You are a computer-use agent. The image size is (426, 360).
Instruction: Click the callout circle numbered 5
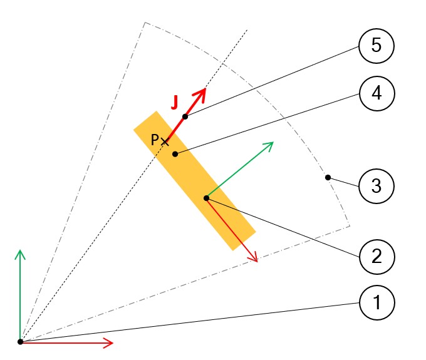tap(376, 46)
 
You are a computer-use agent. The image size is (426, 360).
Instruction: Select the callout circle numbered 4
tap(376, 94)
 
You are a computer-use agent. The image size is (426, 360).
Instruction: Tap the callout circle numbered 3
tap(376, 186)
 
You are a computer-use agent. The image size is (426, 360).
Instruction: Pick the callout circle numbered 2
tap(376, 255)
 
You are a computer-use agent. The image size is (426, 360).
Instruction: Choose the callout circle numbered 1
tap(376, 303)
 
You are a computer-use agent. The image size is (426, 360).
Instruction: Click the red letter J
tap(175, 101)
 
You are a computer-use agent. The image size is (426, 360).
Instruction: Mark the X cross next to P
tap(165, 141)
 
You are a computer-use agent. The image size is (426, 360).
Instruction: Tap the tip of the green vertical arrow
tap(20, 250)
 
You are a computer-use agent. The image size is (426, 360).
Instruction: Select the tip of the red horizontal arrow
tap(112, 342)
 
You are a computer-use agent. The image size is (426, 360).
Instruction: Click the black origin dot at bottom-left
tap(20, 342)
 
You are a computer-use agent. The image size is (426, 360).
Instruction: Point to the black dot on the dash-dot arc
tap(328, 177)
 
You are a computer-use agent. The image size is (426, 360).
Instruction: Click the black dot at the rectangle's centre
tap(206, 198)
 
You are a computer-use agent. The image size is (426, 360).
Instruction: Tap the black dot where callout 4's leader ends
tap(175, 154)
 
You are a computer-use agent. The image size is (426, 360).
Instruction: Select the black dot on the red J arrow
tap(185, 116)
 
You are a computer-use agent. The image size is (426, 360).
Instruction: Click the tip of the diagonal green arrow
tap(273, 143)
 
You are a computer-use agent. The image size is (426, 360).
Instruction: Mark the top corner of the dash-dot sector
tap(145, 23)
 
